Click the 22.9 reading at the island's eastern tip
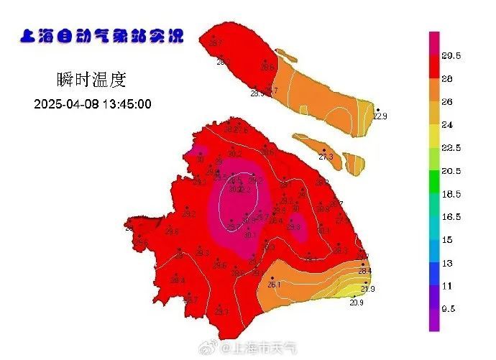coord(380,116)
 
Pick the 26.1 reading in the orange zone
coord(274,285)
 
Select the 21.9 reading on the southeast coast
coord(367,289)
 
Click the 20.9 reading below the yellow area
coord(357,303)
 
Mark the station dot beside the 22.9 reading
coord(377,109)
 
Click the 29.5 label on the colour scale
coord(451,55)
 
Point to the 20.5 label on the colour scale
coord(451,171)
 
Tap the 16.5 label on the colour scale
coord(451,216)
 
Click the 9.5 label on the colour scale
coord(449,309)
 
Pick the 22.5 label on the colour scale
coord(451,148)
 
